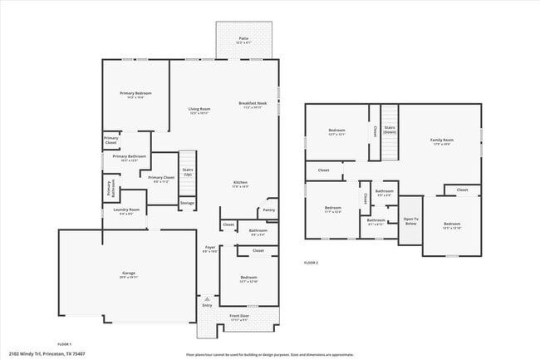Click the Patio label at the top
(243, 38)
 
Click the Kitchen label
(240, 184)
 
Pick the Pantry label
(268, 210)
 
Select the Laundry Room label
(127, 211)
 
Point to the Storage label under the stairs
(188, 202)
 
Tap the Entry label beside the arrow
(207, 305)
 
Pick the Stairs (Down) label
(390, 131)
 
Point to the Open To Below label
(410, 221)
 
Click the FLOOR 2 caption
(312, 263)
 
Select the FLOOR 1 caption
(65, 343)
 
